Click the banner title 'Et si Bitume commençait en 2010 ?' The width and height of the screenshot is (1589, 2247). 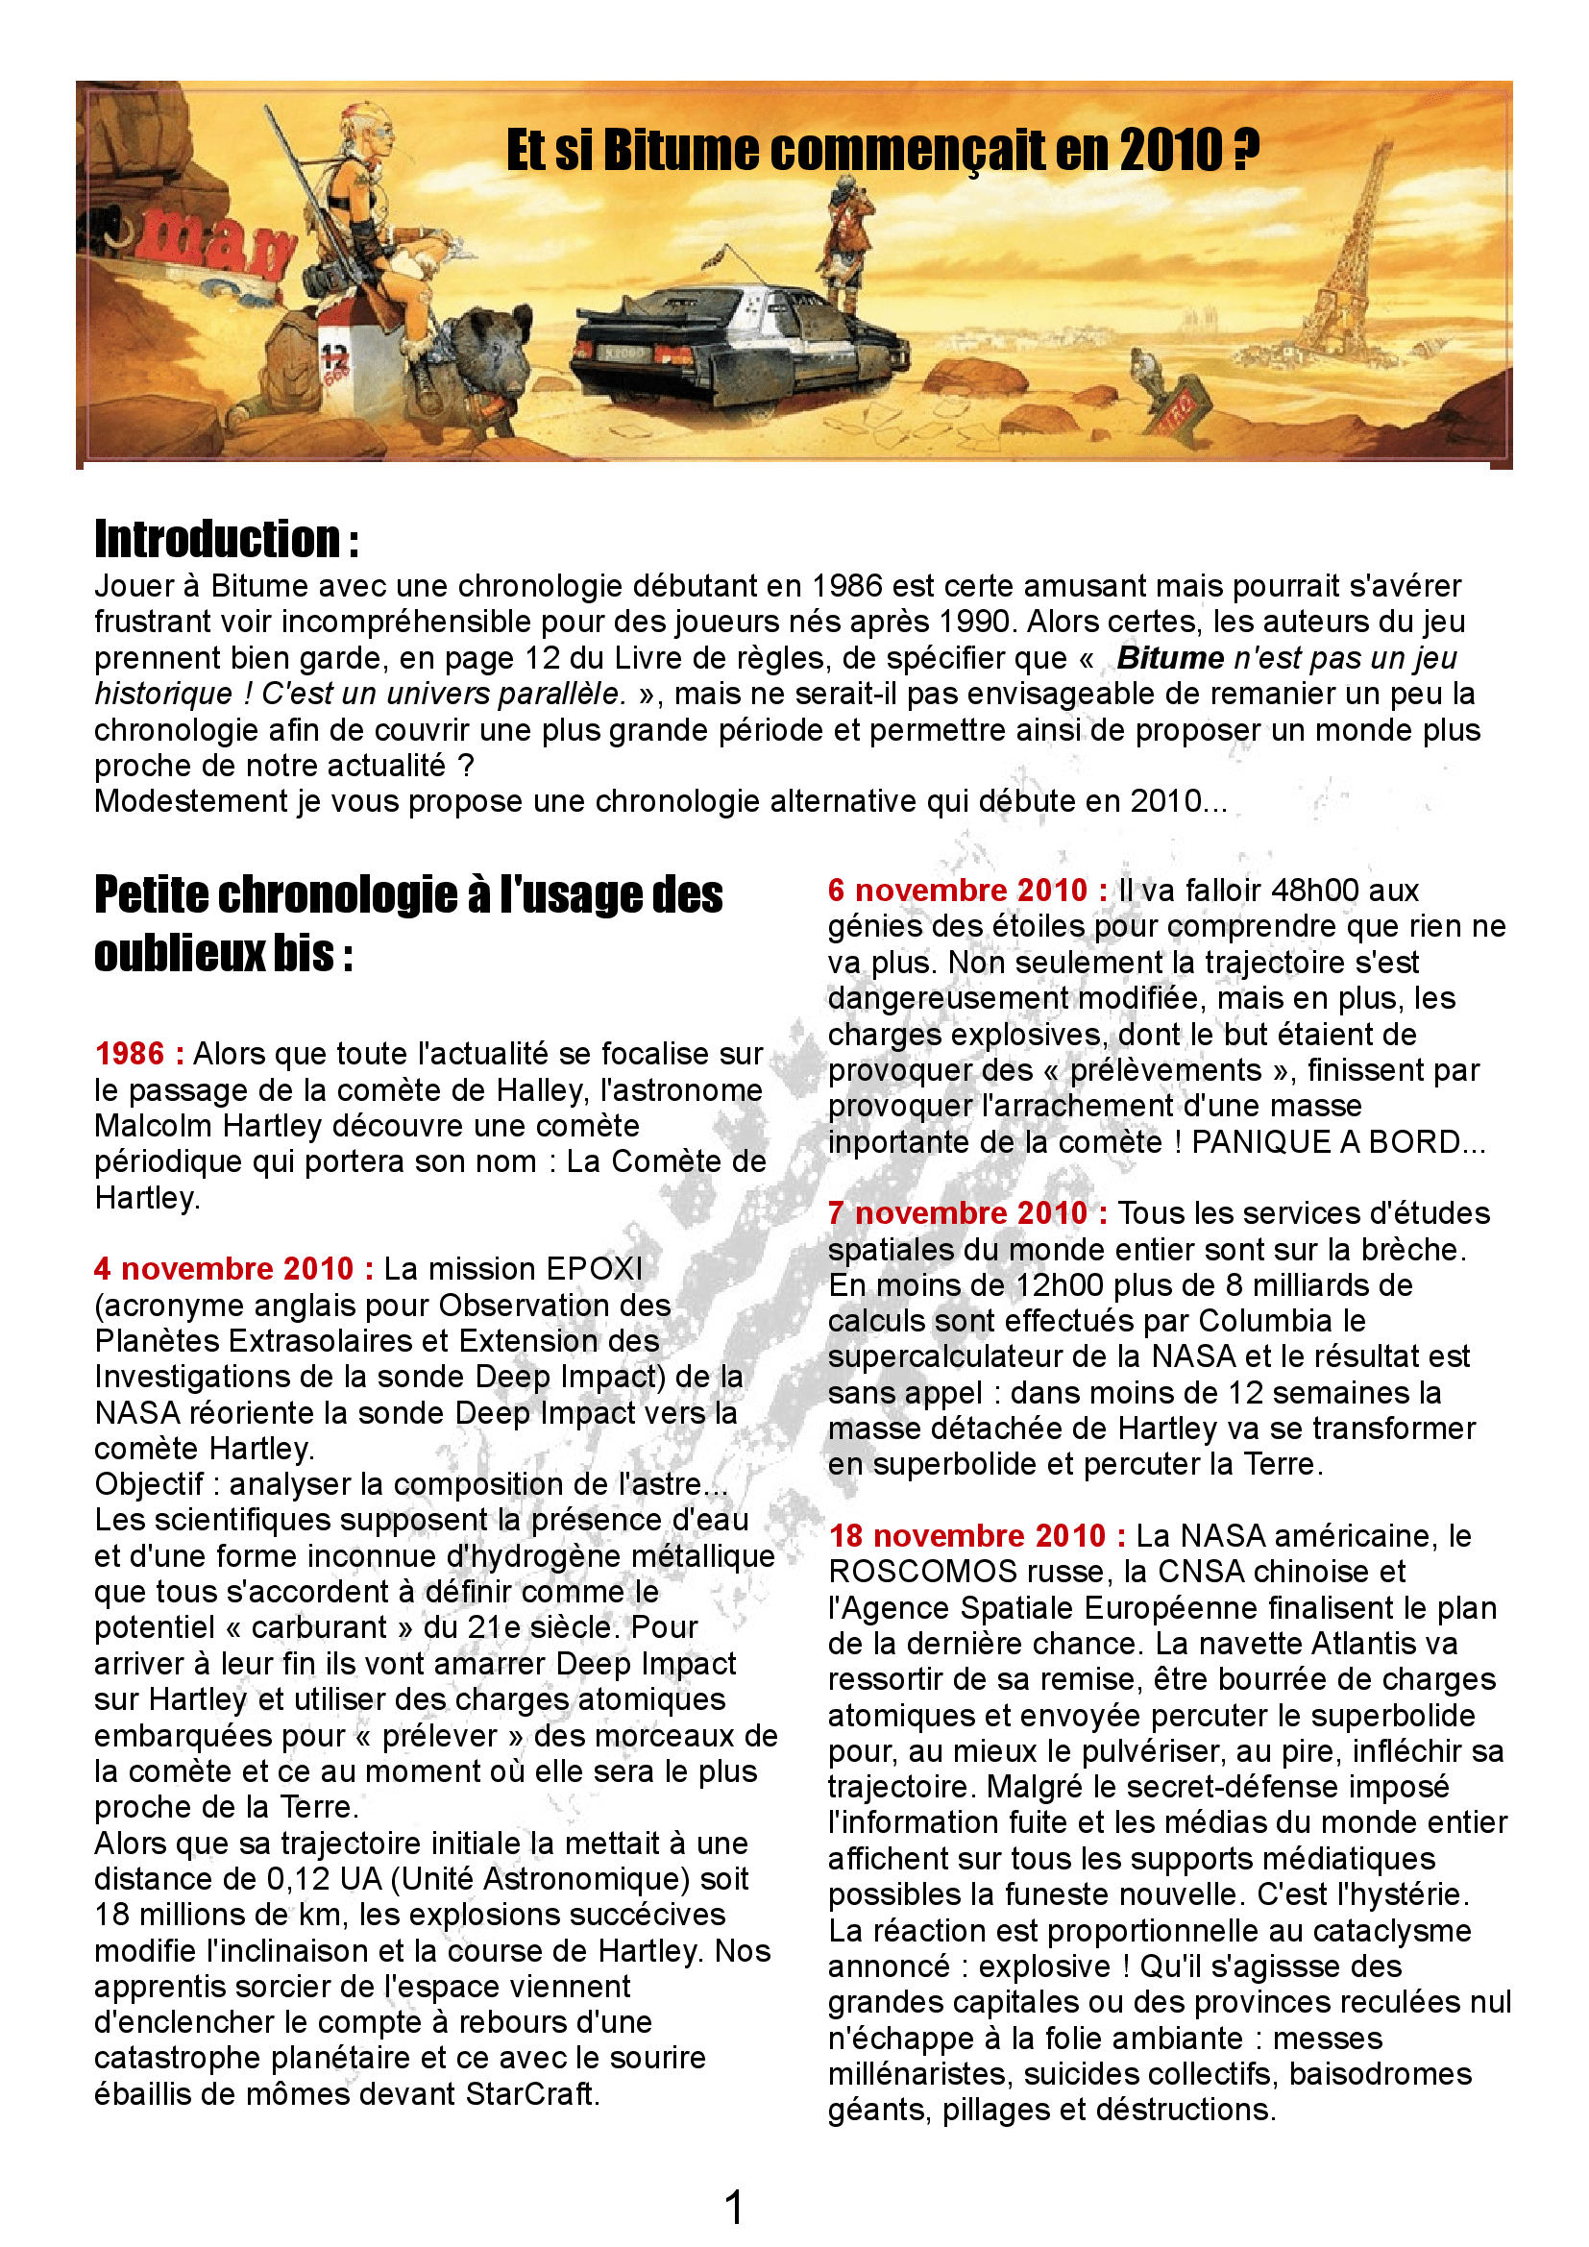882,152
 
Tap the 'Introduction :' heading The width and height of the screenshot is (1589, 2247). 226,539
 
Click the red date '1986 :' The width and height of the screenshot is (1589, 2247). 139,1054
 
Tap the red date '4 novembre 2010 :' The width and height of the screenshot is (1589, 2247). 233,1269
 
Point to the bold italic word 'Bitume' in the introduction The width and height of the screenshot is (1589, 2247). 1170,658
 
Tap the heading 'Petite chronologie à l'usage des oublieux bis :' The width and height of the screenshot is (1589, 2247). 408,923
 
